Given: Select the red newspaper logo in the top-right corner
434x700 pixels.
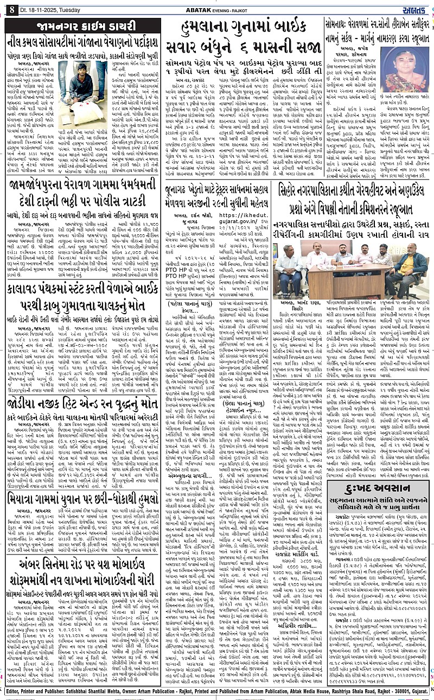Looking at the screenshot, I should [x=417, y=7].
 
